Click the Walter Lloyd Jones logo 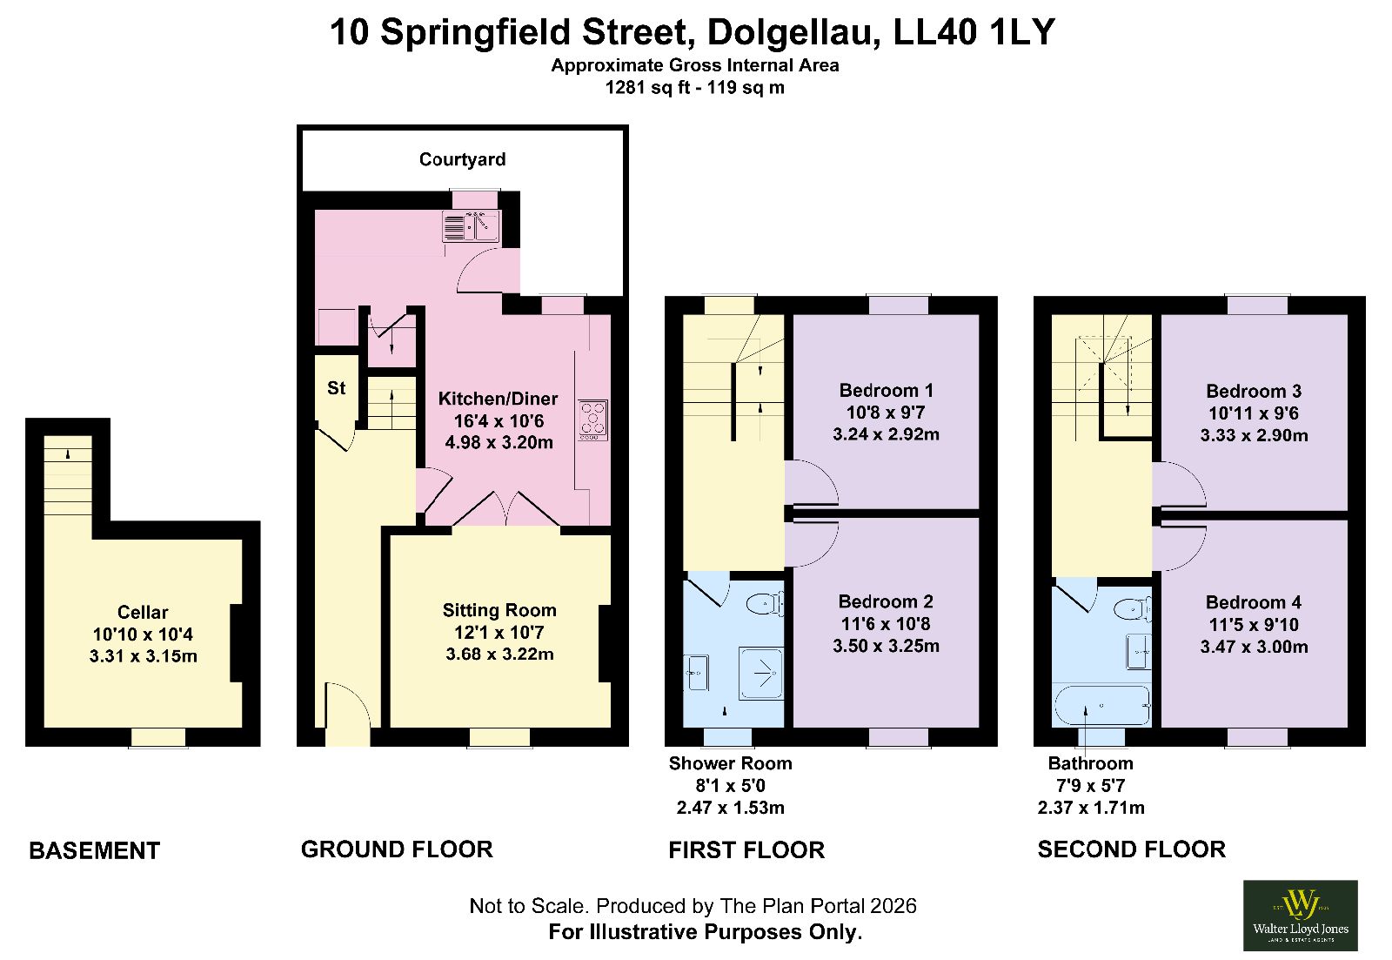(1300, 916)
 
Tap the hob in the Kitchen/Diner (592, 420)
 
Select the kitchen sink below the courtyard (471, 226)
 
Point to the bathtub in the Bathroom (1101, 705)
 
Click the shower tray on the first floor (760, 673)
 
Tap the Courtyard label (462, 160)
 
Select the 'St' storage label (336, 388)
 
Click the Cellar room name (143, 613)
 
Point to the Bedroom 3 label (1254, 391)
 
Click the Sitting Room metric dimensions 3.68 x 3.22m (499, 655)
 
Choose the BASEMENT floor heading (95, 850)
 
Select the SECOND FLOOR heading (1132, 849)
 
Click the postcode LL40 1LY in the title (974, 32)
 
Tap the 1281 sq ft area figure (647, 88)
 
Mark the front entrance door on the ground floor (348, 715)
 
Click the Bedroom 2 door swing (812, 544)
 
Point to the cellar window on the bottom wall (158, 737)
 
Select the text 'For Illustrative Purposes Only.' (706, 932)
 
